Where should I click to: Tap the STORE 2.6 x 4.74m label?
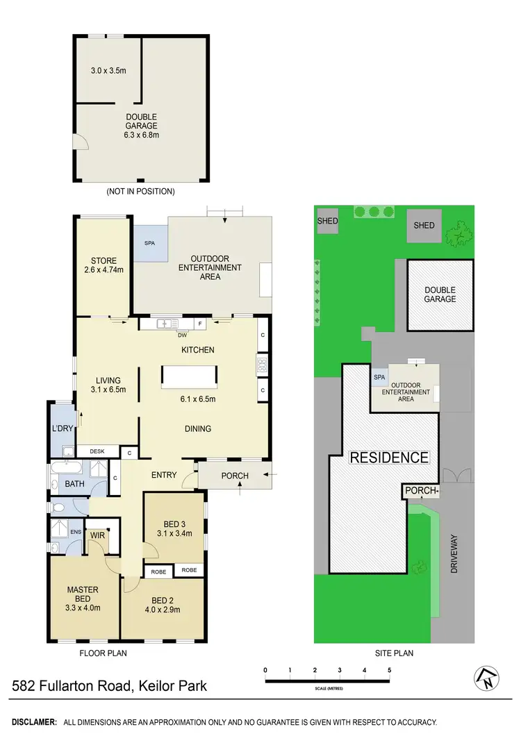tap(104, 265)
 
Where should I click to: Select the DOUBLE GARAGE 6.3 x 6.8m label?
tap(141, 126)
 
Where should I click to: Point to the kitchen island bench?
tap(189, 377)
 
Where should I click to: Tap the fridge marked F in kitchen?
tap(200, 324)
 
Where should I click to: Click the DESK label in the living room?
tap(97, 451)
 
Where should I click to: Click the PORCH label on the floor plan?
tap(234, 476)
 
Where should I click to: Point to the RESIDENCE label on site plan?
tap(388, 458)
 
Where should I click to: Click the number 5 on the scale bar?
tap(390, 670)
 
